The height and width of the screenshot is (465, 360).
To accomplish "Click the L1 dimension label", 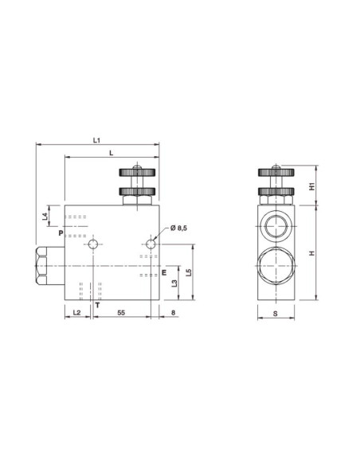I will (96, 141).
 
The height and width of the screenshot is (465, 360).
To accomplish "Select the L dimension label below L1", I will (110, 152).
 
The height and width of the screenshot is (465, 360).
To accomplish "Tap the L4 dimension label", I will (46, 216).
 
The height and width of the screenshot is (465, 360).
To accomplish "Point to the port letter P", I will (59, 232).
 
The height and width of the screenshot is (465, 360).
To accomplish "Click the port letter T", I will (96, 304).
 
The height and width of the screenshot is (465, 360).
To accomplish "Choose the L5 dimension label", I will (188, 272).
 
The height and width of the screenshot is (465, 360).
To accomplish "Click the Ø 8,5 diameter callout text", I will (178, 229).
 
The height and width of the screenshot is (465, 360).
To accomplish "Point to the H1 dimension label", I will (313, 186).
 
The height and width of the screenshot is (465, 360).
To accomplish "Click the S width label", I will (275, 314).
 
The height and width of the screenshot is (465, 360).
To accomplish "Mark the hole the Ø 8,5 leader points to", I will (151, 243).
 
